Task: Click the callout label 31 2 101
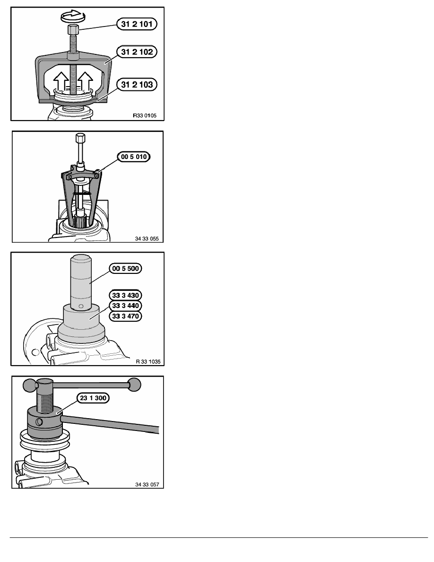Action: [x=137, y=24]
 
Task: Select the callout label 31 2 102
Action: [x=137, y=52]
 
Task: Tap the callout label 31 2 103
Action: [x=137, y=85]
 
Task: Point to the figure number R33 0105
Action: [x=145, y=115]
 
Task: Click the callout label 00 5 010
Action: [x=134, y=157]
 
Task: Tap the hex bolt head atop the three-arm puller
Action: [x=80, y=138]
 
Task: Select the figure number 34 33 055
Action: [x=147, y=238]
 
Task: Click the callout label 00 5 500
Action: [x=125, y=268]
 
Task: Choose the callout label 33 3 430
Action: [x=125, y=295]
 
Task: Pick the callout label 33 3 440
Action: [x=125, y=306]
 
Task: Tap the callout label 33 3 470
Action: [x=125, y=316]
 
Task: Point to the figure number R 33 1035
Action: [x=148, y=361]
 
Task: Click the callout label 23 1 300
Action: [x=93, y=398]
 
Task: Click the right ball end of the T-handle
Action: [x=134, y=385]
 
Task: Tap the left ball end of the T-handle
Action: [x=30, y=386]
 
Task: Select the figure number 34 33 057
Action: [x=147, y=484]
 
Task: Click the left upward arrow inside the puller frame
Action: [x=61, y=80]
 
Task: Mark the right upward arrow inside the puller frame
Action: [x=86, y=80]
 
